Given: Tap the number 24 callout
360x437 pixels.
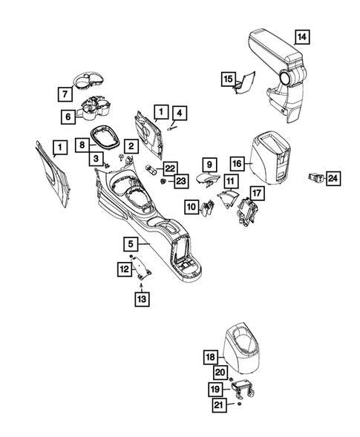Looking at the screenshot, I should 333,177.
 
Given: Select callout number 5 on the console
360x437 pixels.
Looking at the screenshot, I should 130,243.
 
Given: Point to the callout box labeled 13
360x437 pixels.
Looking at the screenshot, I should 141,299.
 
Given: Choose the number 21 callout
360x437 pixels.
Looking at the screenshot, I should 218,404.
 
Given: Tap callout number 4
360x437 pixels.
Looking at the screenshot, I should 180,114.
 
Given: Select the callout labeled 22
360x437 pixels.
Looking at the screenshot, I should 170,168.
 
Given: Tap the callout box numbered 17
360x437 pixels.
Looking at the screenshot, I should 256,193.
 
